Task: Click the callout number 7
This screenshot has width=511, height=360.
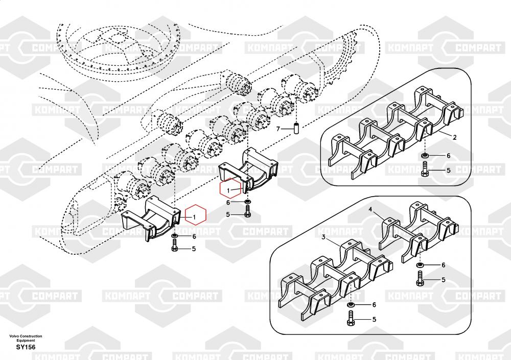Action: (278, 129)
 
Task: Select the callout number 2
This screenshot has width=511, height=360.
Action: (455, 137)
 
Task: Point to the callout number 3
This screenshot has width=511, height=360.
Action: (323, 237)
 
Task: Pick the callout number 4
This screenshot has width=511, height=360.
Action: (370, 209)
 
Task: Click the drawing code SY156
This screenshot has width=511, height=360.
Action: (26, 347)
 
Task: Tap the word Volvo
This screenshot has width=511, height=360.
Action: (14, 336)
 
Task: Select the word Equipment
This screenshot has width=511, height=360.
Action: (26, 340)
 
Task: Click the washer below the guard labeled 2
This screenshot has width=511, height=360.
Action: (425, 155)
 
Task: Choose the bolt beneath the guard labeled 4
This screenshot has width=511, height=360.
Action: (420, 278)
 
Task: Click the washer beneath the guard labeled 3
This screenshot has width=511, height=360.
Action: (351, 305)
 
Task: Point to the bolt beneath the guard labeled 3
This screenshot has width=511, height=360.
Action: (351, 318)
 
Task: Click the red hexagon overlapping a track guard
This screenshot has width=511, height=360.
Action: (230, 188)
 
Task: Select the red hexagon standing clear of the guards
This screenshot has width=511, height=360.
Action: (196, 214)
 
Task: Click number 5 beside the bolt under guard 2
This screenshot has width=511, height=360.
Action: (448, 170)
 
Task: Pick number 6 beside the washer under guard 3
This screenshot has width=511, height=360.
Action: (374, 305)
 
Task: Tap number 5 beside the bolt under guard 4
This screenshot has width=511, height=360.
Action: (443, 279)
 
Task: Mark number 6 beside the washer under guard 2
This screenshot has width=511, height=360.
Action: (448, 156)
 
